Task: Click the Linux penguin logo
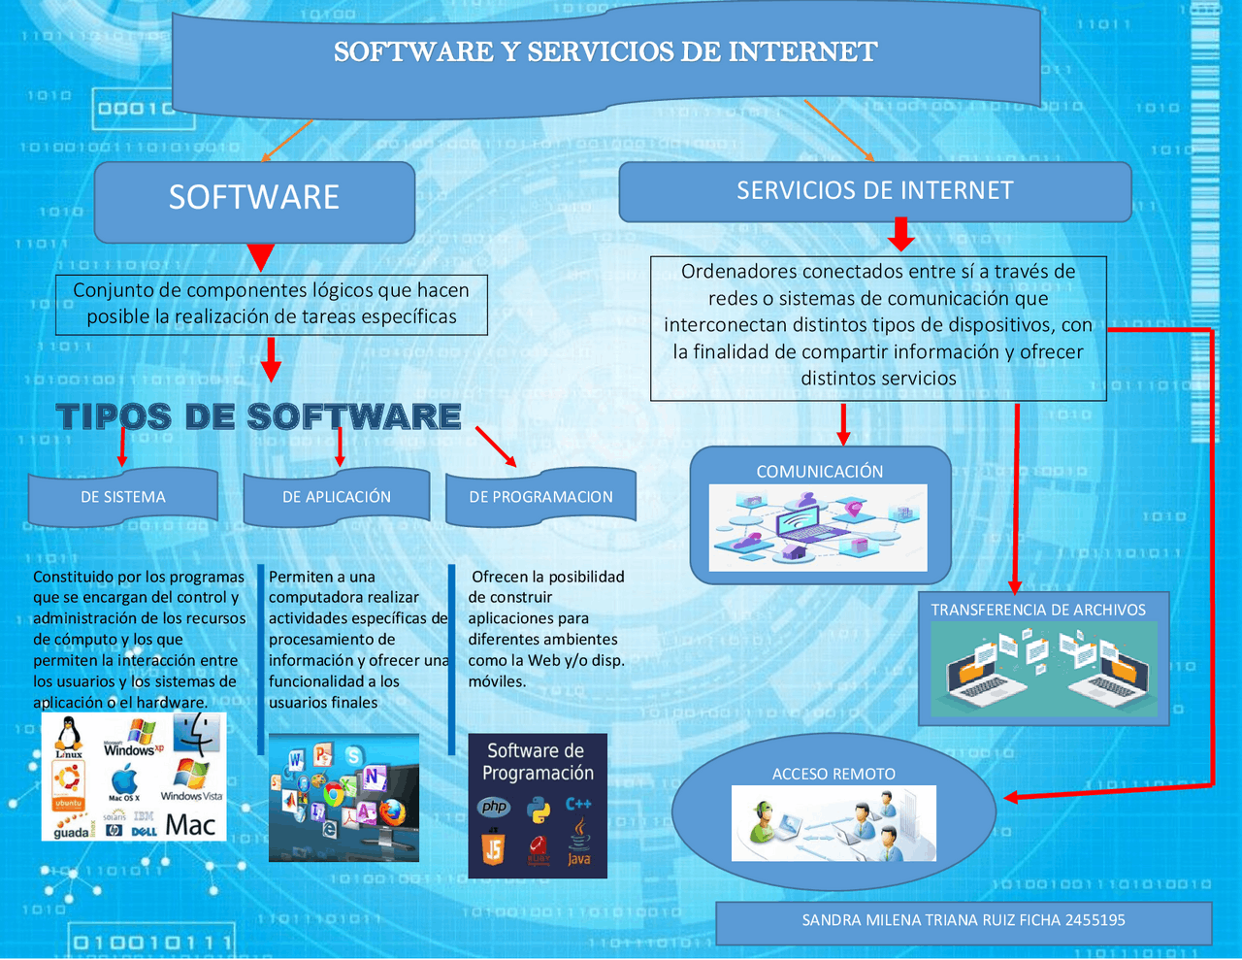tap(69, 737)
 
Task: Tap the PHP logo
tap(494, 807)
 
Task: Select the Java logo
tap(579, 841)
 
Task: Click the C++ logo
tap(578, 804)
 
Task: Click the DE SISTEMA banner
tap(123, 497)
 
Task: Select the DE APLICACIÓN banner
tap(337, 497)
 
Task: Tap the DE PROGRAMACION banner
tap(540, 497)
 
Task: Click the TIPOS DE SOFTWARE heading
tap(258, 416)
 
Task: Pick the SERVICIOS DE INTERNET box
tap(875, 191)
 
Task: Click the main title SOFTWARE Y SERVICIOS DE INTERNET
tap(605, 51)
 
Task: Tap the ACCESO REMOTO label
tap(833, 775)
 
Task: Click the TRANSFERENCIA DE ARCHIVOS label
tap(1038, 611)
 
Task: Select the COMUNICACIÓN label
tap(820, 472)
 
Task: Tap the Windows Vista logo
tap(191, 779)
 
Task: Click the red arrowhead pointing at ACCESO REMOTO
tap(1010, 797)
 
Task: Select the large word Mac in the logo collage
tap(190, 825)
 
